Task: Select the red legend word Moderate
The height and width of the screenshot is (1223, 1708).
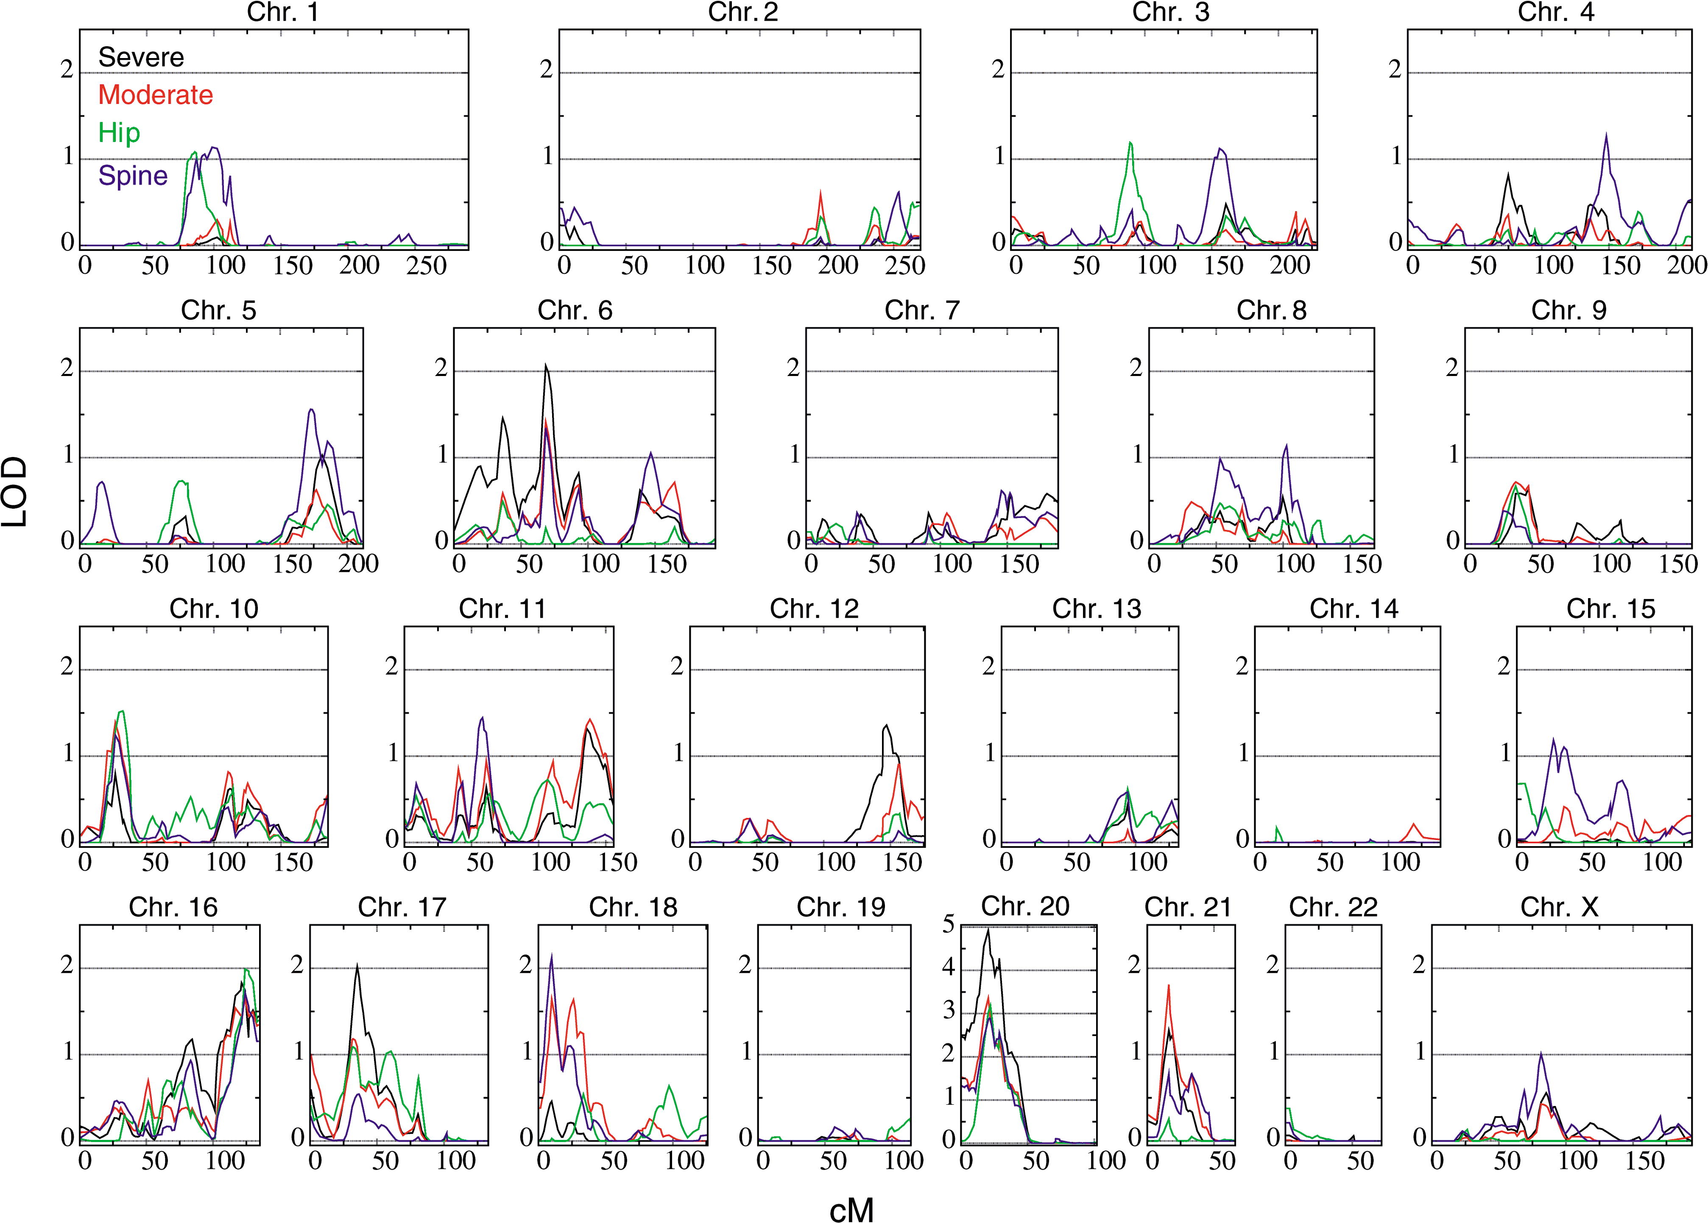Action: pyautogui.click(x=155, y=95)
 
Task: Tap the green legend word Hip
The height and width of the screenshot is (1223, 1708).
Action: pyautogui.click(x=119, y=133)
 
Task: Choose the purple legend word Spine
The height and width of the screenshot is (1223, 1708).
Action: pyautogui.click(x=133, y=176)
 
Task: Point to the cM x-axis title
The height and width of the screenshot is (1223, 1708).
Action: pyautogui.click(x=852, y=1208)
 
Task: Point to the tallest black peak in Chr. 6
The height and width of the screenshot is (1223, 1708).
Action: pyautogui.click(x=546, y=365)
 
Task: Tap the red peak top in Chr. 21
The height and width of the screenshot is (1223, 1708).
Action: pyautogui.click(x=1168, y=985)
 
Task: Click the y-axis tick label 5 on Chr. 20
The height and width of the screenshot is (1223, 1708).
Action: pyautogui.click(x=949, y=923)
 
